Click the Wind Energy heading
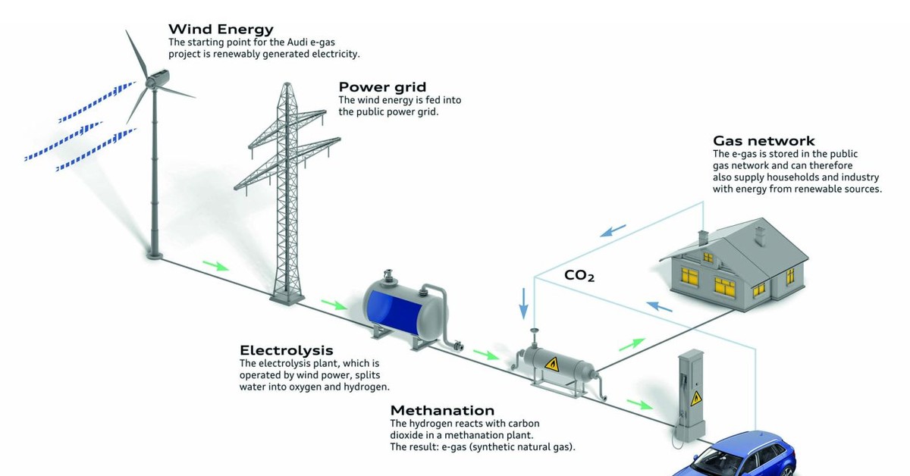tap(221, 30)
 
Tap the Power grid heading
tap(382, 87)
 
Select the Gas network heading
tap(764, 141)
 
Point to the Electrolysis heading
tap(287, 350)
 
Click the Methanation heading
tap(442, 410)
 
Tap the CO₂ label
tap(579, 276)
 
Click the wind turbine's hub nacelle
tap(158, 78)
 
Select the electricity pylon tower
tap(287, 191)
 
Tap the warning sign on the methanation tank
tap(552, 364)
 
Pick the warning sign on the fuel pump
tap(696, 399)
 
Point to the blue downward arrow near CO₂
tap(524, 303)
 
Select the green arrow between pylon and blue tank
tap(334, 304)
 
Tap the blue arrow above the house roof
tap(613, 230)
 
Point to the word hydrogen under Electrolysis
tap(366, 387)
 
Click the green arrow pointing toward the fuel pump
tap(640, 404)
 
